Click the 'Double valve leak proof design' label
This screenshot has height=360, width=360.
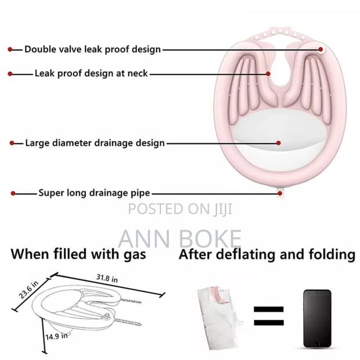(92, 49)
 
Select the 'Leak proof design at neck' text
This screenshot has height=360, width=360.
(91, 74)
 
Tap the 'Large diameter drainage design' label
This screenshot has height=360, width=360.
(95, 143)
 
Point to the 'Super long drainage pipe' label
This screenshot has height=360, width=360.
(94, 193)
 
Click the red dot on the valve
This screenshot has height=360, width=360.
(321, 49)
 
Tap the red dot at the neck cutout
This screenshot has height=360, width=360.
(268, 74)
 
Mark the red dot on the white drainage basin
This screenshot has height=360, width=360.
(278, 143)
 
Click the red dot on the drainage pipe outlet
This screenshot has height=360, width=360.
(280, 193)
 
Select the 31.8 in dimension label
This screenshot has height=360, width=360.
(107, 279)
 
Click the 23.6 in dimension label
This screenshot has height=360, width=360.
(28, 290)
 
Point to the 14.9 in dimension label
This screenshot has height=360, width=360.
(56, 336)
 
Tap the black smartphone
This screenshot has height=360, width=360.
(317, 318)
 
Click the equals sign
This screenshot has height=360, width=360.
(269, 316)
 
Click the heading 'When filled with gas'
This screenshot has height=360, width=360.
(78, 254)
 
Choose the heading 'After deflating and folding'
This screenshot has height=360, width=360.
(267, 254)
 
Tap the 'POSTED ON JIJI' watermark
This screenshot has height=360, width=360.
(180, 209)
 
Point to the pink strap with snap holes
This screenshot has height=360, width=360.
(280, 33)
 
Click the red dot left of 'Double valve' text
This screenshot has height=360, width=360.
(10, 49)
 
